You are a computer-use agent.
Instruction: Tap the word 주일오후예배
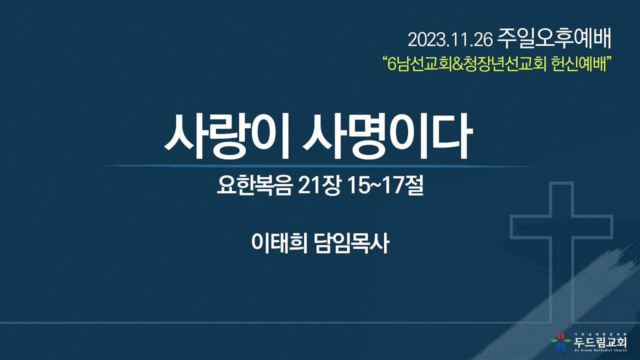(555, 38)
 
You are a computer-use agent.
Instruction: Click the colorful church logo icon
(560, 341)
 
